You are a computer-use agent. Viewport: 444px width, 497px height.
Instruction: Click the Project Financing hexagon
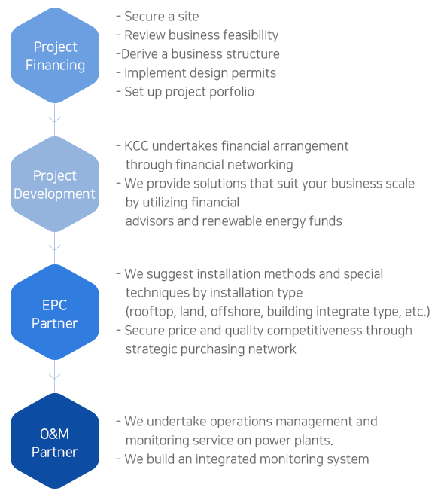click(55, 56)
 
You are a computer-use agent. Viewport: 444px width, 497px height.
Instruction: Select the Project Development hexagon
click(55, 184)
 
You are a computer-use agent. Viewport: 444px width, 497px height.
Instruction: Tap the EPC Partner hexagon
click(55, 313)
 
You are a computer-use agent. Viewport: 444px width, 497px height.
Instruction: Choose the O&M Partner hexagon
click(55, 441)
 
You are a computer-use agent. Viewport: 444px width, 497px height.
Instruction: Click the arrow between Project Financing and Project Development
click(54, 120)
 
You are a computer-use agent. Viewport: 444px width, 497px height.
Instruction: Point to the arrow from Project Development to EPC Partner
click(54, 248)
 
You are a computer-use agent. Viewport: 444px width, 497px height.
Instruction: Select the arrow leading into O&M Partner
click(54, 377)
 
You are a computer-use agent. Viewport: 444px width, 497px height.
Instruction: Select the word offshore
click(237, 312)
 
